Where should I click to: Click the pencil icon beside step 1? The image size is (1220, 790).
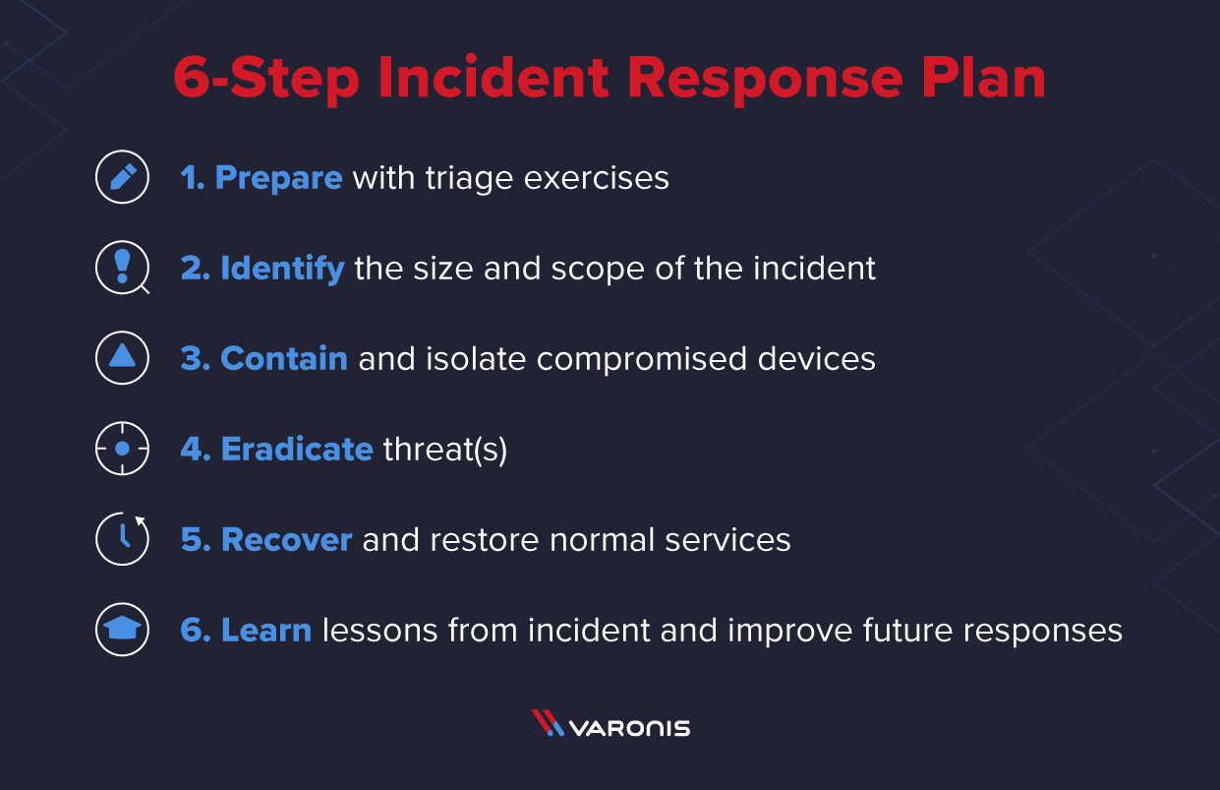click(x=122, y=178)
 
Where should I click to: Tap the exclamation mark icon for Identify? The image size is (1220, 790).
click(x=122, y=268)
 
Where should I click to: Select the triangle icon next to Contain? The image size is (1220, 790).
click(x=122, y=357)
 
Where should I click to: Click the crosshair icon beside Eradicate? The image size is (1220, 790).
click(x=122, y=449)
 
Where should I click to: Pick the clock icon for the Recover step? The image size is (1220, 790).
click(x=122, y=539)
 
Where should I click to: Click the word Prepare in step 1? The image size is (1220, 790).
click(x=278, y=178)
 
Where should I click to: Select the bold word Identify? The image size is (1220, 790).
click(x=282, y=268)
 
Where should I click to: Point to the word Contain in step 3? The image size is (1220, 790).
click(x=284, y=358)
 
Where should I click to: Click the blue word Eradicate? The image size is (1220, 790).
click(x=297, y=449)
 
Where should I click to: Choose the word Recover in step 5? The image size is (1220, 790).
click(x=286, y=539)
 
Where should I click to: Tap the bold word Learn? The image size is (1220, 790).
click(x=266, y=630)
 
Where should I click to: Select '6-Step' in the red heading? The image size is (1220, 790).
click(x=265, y=78)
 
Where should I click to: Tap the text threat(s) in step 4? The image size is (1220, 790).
click(x=445, y=449)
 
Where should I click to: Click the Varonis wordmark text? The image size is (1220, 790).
click(x=629, y=728)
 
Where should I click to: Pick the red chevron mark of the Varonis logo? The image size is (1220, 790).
click(x=547, y=723)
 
